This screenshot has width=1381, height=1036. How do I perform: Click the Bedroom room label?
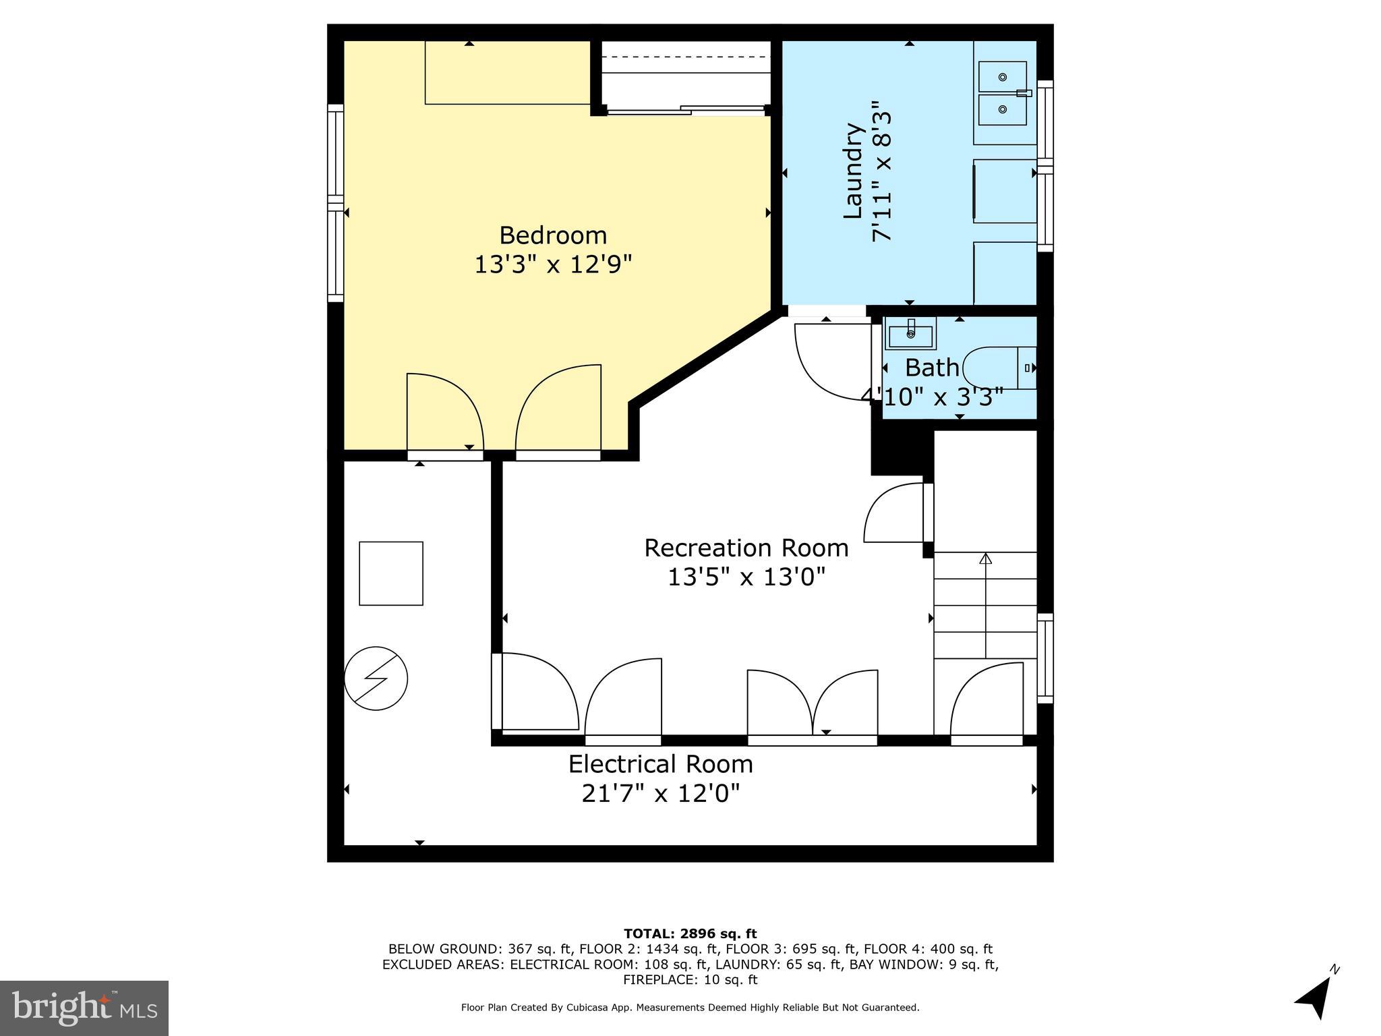click(x=553, y=235)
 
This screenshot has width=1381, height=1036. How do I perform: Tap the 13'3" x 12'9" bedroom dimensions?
click(x=553, y=264)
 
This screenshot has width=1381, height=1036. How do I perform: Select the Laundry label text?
click(x=854, y=171)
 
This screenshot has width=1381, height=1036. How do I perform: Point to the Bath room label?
click(x=932, y=368)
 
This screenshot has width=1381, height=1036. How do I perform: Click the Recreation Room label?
click(x=746, y=548)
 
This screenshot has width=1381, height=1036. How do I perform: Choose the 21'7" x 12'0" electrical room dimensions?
click(x=660, y=793)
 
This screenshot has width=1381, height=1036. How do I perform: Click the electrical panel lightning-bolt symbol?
click(x=376, y=679)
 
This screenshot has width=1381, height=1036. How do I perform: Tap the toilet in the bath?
click(x=998, y=368)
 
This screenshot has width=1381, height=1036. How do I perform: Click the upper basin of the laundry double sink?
click(x=1003, y=77)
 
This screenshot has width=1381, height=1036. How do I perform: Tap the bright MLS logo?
click(x=84, y=1008)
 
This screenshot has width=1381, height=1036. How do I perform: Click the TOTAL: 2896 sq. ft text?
click(x=690, y=934)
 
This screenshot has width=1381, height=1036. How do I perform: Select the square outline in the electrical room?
click(x=390, y=573)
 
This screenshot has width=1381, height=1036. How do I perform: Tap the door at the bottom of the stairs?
click(x=986, y=705)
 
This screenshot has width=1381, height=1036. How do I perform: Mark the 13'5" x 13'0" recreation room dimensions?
click(x=746, y=577)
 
